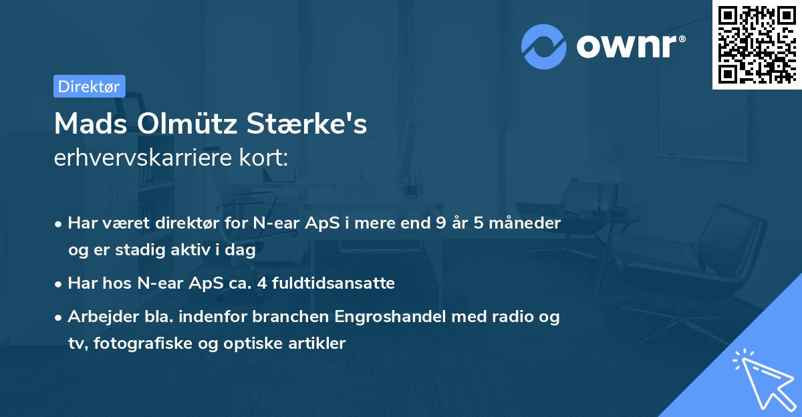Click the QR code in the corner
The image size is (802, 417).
757,44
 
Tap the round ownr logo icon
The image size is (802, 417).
544,47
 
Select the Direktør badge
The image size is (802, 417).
89,86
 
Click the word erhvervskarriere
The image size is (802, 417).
144,158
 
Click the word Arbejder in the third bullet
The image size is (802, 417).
100,317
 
